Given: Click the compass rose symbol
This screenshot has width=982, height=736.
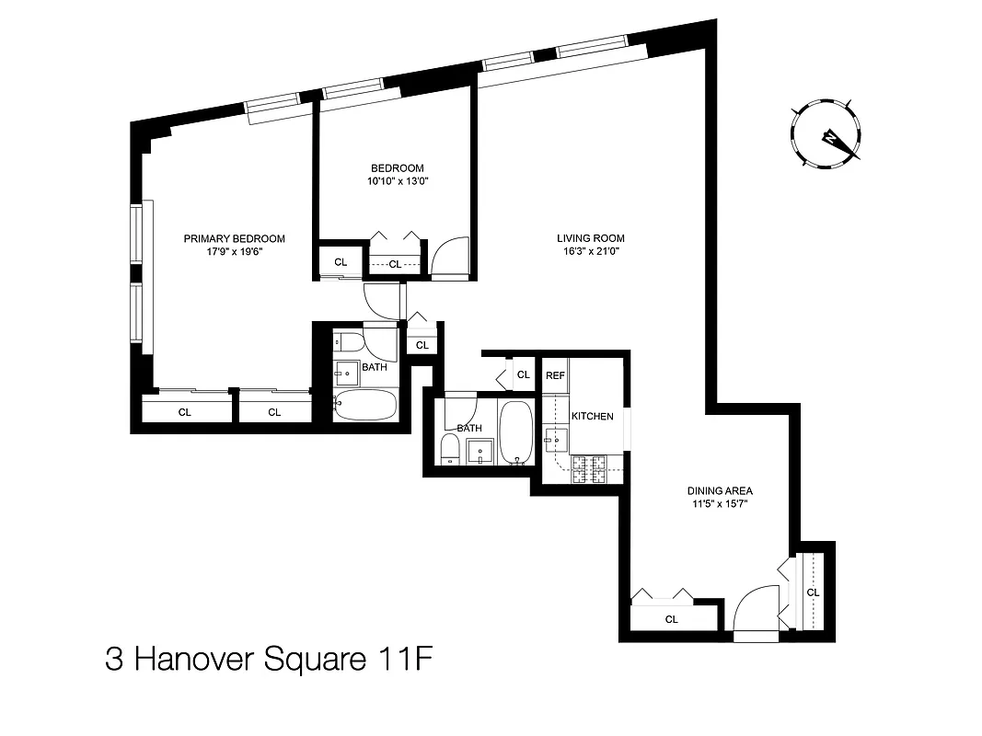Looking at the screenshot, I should [826, 136].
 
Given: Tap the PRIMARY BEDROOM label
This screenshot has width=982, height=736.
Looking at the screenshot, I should [234, 238].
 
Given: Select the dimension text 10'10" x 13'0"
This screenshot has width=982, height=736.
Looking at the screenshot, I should [397, 181].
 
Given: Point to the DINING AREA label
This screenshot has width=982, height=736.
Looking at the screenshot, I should [714, 491].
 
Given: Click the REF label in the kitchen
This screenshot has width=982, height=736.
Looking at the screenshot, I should [555, 375].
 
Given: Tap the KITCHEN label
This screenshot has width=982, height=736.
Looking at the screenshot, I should [593, 417].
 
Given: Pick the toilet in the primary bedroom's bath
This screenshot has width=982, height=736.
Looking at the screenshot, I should [346, 343].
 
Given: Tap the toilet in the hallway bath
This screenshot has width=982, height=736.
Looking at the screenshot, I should [449, 450].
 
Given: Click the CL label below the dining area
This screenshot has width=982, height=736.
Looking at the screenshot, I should [672, 619].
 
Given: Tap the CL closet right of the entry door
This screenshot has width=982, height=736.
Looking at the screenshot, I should [813, 592].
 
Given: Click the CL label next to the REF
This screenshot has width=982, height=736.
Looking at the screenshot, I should [523, 374].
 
